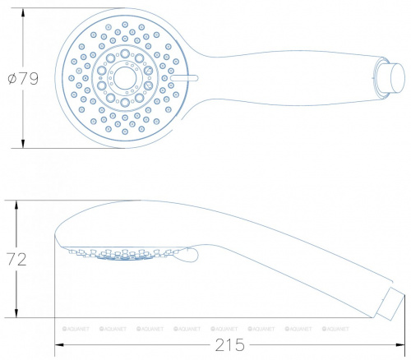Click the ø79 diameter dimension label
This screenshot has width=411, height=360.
[23, 79]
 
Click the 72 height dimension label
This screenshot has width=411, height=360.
[16, 259]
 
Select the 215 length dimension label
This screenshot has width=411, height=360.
[229, 344]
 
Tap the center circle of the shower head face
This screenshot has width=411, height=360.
[125, 78]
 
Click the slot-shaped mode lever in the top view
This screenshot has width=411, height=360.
[184, 78]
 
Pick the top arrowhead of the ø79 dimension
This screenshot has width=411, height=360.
[23, 14]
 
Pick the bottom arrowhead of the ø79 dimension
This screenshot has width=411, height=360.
[23, 143]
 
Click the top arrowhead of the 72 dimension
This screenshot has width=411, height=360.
[16, 206]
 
